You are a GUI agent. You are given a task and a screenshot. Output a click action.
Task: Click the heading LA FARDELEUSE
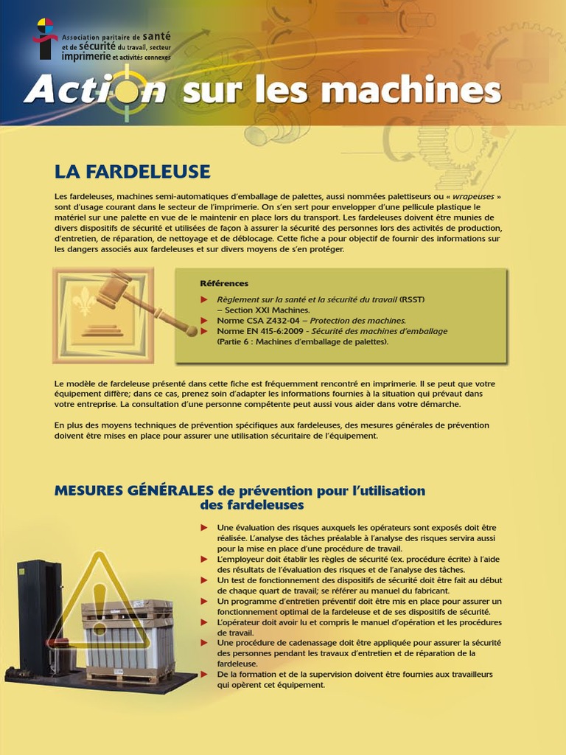132,172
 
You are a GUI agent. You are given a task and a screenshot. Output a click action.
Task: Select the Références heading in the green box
224,283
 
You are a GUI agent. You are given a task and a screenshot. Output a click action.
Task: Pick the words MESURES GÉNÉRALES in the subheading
133,491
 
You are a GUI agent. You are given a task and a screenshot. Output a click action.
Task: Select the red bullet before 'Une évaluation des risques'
204,528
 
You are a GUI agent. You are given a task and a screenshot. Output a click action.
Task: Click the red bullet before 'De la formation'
204,674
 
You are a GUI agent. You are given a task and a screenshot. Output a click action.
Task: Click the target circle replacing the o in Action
129,91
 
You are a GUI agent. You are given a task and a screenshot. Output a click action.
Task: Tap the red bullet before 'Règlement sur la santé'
204,299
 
